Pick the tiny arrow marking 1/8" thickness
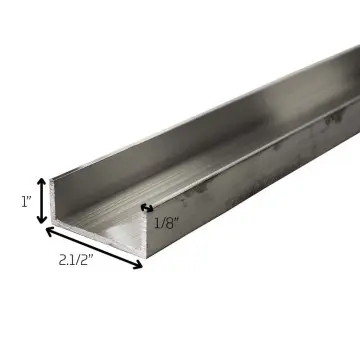pos(147,208)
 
